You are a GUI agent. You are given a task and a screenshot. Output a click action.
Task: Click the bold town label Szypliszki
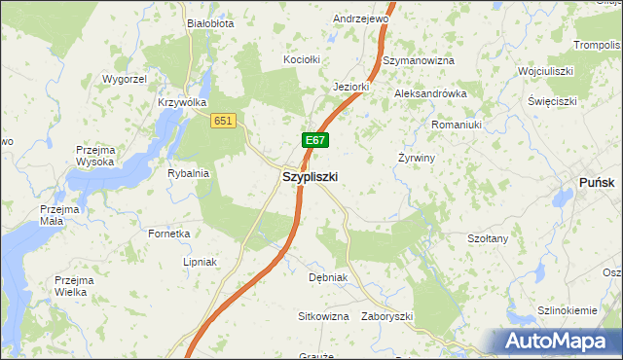coord(310,177)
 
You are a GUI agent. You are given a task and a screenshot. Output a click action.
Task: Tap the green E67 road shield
coord(313,141)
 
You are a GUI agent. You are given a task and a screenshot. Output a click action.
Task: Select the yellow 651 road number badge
coord(224,120)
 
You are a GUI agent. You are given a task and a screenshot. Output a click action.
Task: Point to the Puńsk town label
coord(597,181)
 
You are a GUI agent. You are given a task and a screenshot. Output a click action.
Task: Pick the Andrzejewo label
coord(361,18)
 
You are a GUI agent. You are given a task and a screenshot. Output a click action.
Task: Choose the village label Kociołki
coord(302,59)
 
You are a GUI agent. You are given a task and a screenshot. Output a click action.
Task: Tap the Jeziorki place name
coord(350,86)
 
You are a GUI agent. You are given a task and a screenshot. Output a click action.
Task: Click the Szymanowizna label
coord(419,60)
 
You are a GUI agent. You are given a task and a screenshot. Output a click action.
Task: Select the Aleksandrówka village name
coord(430,93)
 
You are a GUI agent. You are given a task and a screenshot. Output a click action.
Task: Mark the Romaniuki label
coord(458,125)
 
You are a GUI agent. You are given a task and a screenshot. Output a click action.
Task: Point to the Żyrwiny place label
coord(417,158)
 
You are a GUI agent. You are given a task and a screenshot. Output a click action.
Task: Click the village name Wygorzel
coord(124,78)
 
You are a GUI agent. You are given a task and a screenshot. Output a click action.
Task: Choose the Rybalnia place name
coord(189,173)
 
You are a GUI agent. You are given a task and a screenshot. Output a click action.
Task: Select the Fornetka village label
coord(169,234)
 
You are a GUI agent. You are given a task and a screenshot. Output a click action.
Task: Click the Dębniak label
coord(328,277)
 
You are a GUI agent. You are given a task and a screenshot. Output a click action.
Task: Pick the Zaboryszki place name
coord(387,317)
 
